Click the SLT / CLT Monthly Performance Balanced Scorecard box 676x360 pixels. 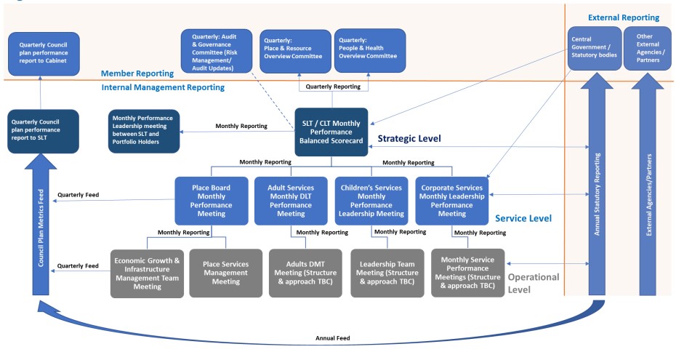[331, 132]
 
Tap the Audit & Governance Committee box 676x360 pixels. [216, 51]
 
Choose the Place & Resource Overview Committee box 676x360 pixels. [295, 51]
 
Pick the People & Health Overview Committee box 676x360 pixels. [369, 51]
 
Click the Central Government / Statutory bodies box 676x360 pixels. [594, 48]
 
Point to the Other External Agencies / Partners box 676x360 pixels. [648, 48]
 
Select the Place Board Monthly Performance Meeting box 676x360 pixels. [210, 200]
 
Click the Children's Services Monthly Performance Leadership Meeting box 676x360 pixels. [371, 200]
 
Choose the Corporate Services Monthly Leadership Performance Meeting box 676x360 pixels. [452, 200]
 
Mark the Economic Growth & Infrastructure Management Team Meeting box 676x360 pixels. [147, 273]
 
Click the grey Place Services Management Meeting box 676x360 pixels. [225, 273]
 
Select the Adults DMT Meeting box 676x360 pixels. [305, 273]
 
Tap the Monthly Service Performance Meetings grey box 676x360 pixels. [467, 273]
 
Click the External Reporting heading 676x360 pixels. [624, 17]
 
